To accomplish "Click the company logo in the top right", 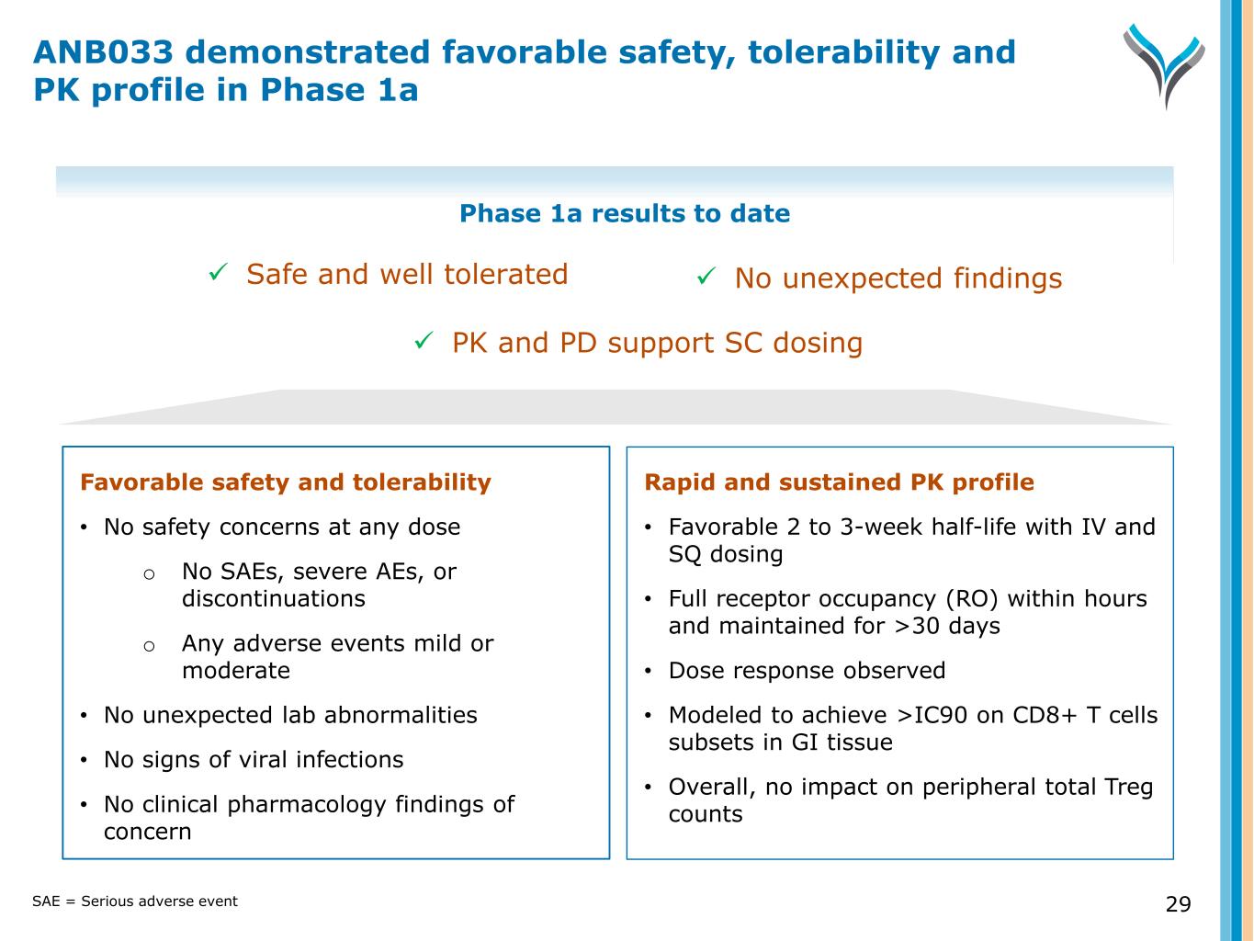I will tap(1163, 64).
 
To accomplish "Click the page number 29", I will tap(1178, 904).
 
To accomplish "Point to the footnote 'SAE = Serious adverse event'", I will tap(135, 901).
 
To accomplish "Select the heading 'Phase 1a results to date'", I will tap(624, 214).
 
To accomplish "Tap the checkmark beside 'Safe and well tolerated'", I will tap(219, 273).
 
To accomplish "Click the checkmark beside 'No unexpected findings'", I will tap(706, 277).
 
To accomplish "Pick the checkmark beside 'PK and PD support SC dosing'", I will tap(424, 341).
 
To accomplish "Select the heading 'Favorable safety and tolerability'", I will tap(286, 482).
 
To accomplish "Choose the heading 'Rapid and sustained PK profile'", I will tap(839, 482).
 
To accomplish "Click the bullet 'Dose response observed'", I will tap(807, 671).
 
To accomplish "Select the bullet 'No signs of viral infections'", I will tap(254, 760).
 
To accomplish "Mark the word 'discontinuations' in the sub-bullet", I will tap(273, 599).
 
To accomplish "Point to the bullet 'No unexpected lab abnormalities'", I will tap(290, 715).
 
